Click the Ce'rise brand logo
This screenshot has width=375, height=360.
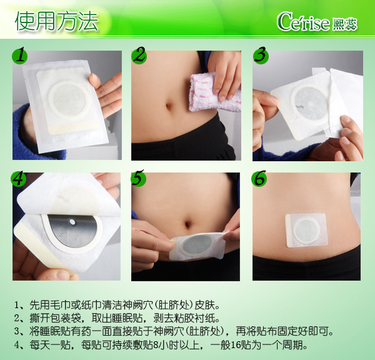pos(319,21)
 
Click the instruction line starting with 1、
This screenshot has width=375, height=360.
pos(116,306)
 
